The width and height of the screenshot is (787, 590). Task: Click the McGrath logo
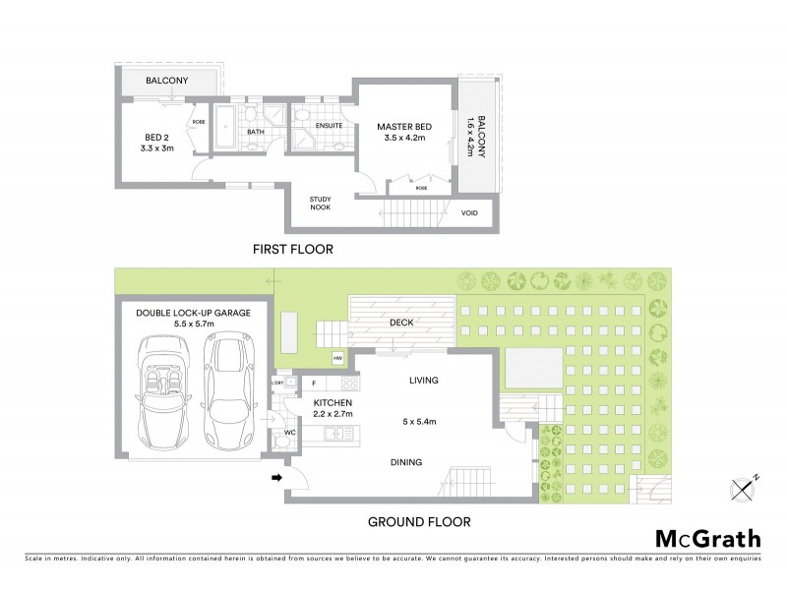click(708, 538)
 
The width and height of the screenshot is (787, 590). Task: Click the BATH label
click(256, 132)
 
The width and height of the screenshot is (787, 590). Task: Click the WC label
click(289, 431)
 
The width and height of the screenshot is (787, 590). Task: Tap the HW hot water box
click(337, 359)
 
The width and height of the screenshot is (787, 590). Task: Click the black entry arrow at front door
click(277, 478)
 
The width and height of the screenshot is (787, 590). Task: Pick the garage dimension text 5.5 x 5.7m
click(193, 323)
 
